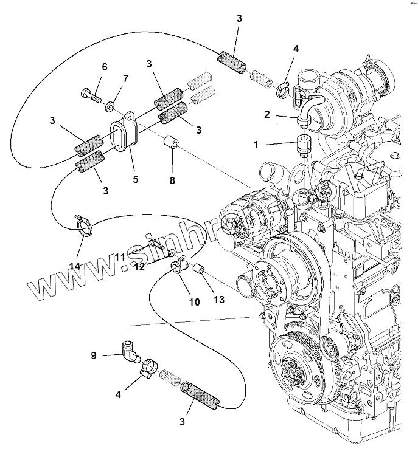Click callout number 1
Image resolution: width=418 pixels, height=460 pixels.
(x=256, y=145)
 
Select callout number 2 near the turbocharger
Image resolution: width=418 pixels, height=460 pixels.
(x=266, y=114)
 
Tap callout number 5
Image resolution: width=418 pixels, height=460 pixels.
(x=135, y=179)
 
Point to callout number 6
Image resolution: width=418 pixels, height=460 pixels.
(x=104, y=67)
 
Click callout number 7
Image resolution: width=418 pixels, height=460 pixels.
(x=126, y=79)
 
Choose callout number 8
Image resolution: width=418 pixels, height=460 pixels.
(x=172, y=180)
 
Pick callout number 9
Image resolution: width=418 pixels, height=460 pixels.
(x=94, y=355)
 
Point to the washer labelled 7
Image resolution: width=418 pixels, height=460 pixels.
(x=110, y=108)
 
